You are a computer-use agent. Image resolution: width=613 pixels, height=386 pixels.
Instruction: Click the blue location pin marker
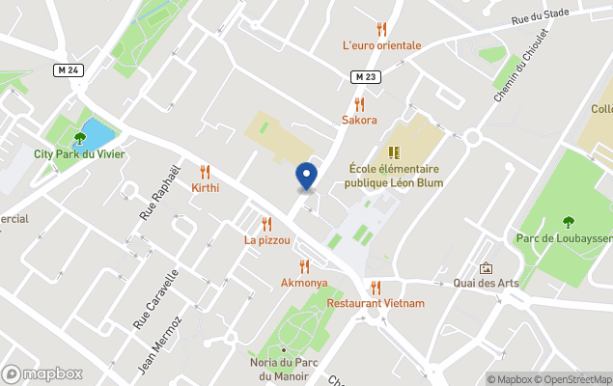click(x=306, y=175)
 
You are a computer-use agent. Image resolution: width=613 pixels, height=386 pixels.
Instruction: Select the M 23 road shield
click(x=363, y=77)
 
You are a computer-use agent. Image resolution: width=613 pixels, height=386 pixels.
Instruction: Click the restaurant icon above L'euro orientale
click(x=381, y=29)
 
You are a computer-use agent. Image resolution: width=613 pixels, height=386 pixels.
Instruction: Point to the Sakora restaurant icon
click(x=359, y=104)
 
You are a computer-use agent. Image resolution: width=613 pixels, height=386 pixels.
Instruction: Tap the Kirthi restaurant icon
click(x=205, y=171)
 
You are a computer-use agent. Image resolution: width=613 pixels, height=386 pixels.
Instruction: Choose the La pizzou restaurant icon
click(x=266, y=224)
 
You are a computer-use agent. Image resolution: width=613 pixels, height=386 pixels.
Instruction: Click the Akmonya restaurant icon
click(x=304, y=266)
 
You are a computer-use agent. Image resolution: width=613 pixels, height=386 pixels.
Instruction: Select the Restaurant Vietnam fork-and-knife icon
click(x=376, y=287)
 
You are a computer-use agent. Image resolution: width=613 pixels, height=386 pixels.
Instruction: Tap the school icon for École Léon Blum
click(x=394, y=152)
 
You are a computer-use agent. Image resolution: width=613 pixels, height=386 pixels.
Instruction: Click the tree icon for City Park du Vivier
click(x=79, y=138)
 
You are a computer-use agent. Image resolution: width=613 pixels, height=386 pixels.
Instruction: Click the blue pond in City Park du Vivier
click(x=98, y=131)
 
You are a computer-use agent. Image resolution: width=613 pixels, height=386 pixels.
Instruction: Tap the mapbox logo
click(x=43, y=373)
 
